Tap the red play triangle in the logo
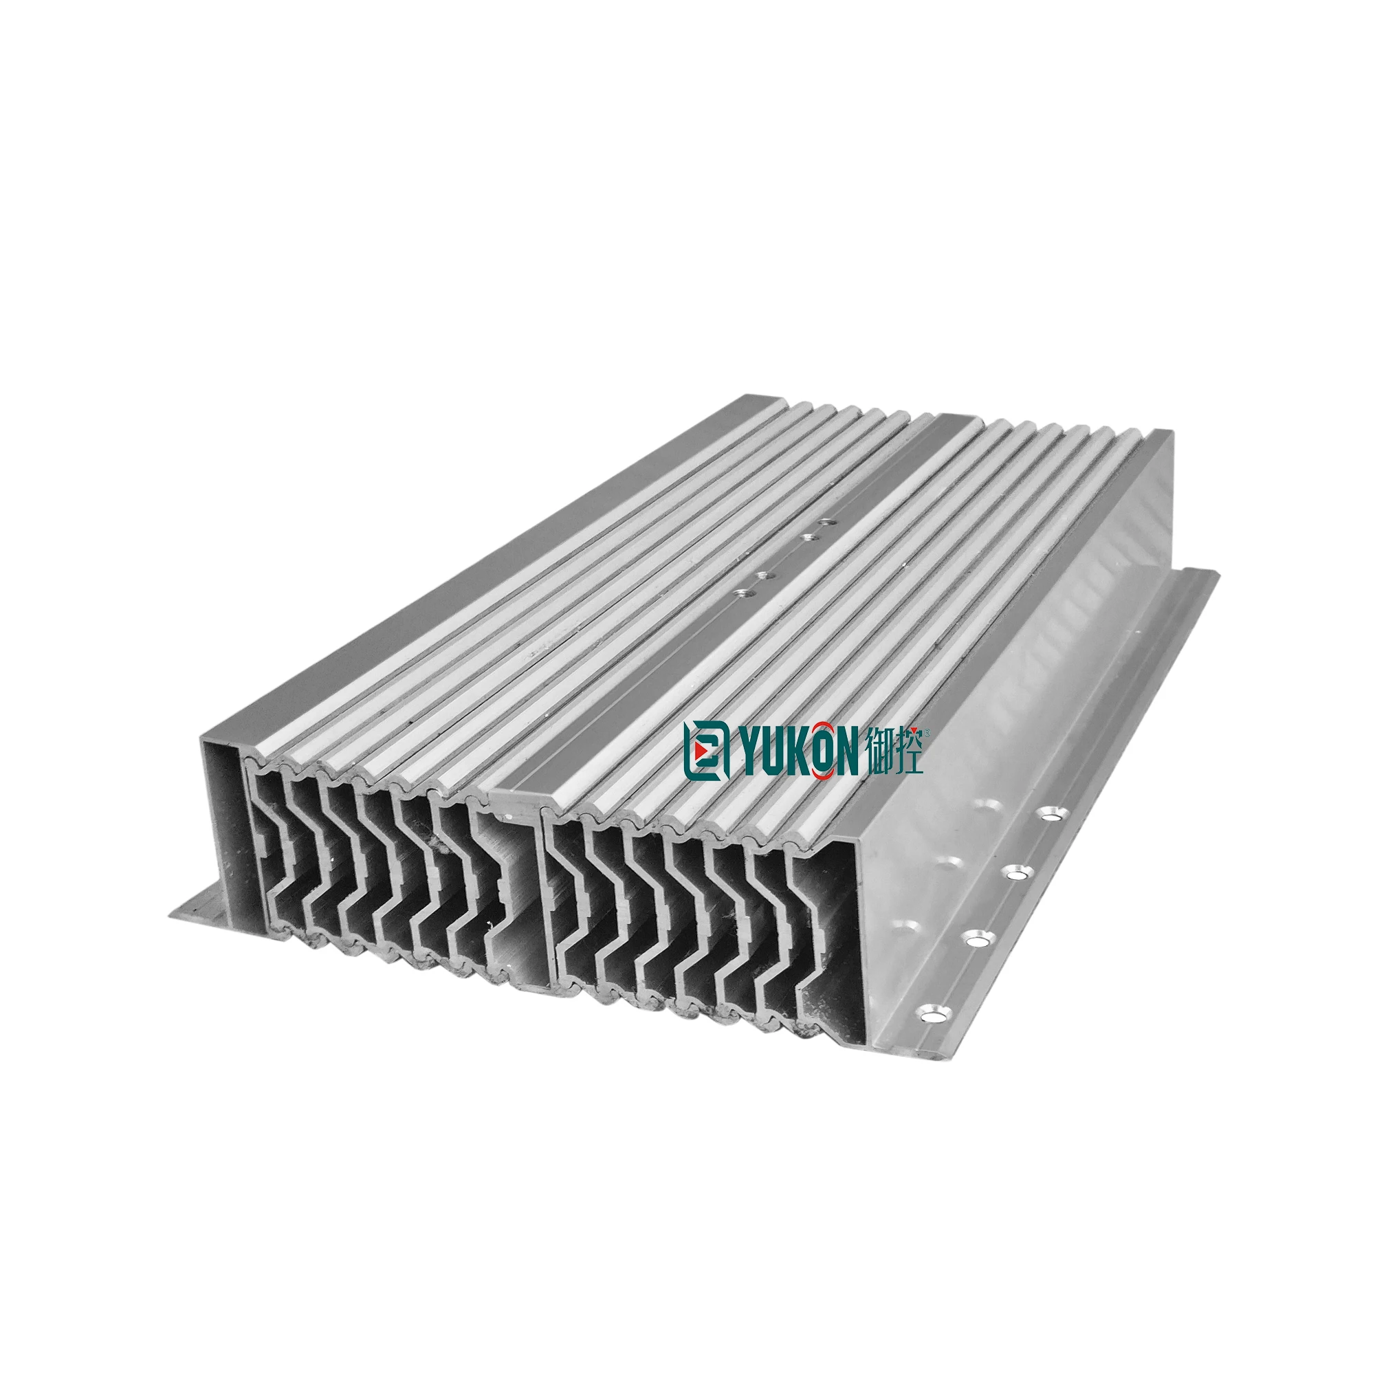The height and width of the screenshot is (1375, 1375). pyautogui.click(x=703, y=750)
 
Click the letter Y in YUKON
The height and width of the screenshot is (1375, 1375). pyautogui.click(x=747, y=750)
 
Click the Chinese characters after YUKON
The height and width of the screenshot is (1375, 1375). pyautogui.click(x=896, y=750)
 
